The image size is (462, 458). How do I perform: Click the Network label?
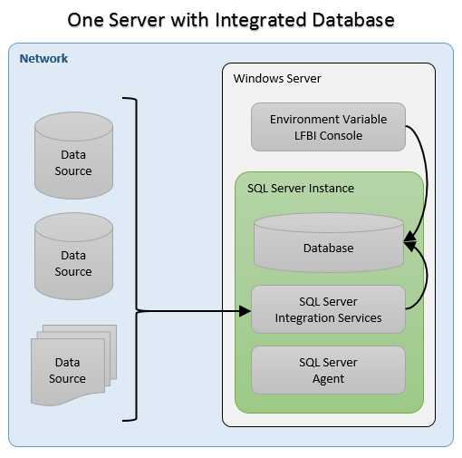pyautogui.click(x=43, y=59)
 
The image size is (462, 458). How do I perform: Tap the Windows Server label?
pyautogui.click(x=277, y=79)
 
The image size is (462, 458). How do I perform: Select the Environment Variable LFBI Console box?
pyautogui.click(x=328, y=127)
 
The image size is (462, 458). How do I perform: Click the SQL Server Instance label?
pyautogui.click(x=301, y=188)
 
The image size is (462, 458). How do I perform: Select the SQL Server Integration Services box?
pyautogui.click(x=328, y=310)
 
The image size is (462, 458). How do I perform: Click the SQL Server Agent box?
pyautogui.click(x=328, y=370)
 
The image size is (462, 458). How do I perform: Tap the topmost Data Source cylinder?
pyautogui.click(x=73, y=157)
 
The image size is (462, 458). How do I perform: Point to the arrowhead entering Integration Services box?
pyautogui.click(x=245, y=311)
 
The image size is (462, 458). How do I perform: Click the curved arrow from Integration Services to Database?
pyautogui.click(x=424, y=277)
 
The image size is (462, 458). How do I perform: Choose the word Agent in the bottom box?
pyautogui.click(x=328, y=378)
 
